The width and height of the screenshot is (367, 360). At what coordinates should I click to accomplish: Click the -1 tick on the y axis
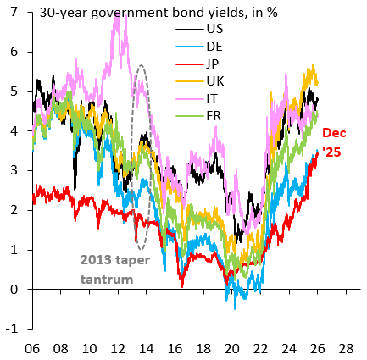pos(12,329)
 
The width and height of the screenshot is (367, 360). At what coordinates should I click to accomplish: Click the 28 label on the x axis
pos(346,348)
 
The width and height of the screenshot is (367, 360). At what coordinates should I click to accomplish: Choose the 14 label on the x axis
pos(146,348)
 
